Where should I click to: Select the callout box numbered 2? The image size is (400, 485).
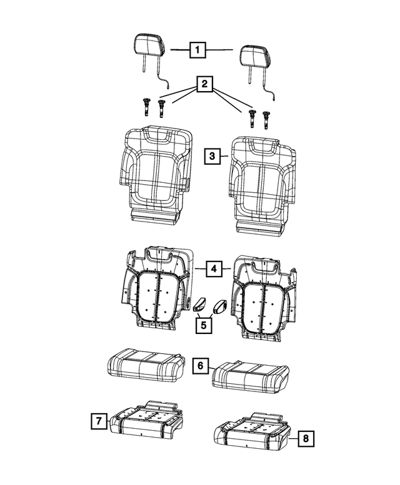[x=202, y=82]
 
